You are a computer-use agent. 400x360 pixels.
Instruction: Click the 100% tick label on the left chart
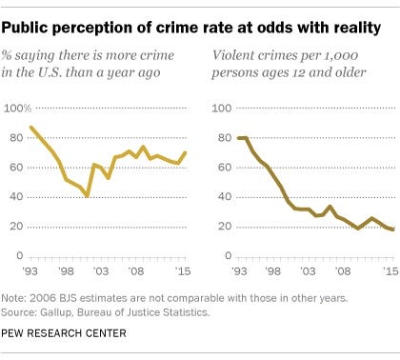[17, 109]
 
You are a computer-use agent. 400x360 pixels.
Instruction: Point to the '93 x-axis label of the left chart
[30, 271]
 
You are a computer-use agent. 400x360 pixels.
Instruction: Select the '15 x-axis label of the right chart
[390, 271]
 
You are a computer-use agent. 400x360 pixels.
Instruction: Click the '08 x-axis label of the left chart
[136, 271]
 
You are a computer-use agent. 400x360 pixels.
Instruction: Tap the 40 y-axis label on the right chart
[225, 197]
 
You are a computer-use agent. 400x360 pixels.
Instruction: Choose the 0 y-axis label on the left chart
[20, 255]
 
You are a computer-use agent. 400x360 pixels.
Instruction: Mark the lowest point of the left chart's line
[88, 196]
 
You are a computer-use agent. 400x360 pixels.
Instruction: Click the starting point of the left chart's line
[30, 128]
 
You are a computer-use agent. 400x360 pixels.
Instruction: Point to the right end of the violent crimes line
[393, 230]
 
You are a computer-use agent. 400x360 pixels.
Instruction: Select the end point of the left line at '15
[186, 152]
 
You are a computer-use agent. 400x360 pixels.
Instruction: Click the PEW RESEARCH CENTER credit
[64, 333]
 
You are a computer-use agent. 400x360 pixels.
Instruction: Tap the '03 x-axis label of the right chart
[308, 271]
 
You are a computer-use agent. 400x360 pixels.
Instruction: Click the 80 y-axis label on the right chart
[225, 138]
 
